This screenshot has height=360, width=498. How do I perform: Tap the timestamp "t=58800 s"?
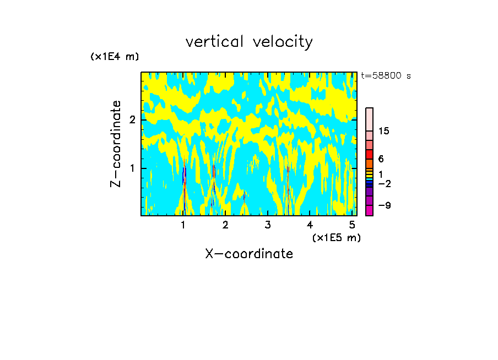pyautogui.click(x=386, y=76)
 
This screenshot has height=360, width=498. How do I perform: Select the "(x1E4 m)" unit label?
pyautogui.click(x=115, y=56)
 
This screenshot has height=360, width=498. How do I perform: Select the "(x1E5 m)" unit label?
pyautogui.click(x=336, y=237)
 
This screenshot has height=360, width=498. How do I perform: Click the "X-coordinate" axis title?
pyautogui.click(x=249, y=254)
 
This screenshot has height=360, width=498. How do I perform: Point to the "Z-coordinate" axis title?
pyautogui.click(x=116, y=144)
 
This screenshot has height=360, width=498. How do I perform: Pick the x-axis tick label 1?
pyautogui.click(x=183, y=225)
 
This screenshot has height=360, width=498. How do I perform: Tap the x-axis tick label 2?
pyautogui.click(x=225, y=225)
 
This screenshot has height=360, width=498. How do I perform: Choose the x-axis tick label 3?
pyautogui.click(x=267, y=225)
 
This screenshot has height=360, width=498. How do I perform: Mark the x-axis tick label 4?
pyautogui.click(x=310, y=225)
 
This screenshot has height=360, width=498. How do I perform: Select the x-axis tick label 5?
pyautogui.click(x=351, y=225)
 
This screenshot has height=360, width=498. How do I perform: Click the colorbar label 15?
pyautogui.click(x=383, y=131)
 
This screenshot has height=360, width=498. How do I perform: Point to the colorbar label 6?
pyautogui.click(x=381, y=159)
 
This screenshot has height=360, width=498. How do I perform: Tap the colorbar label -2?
pyautogui.click(x=384, y=183)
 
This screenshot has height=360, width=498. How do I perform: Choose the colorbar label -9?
pyautogui.click(x=384, y=205)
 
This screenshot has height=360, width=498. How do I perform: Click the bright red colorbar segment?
pyautogui.click(x=369, y=154)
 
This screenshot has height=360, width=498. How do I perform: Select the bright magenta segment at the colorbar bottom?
pyautogui.click(x=369, y=210)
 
